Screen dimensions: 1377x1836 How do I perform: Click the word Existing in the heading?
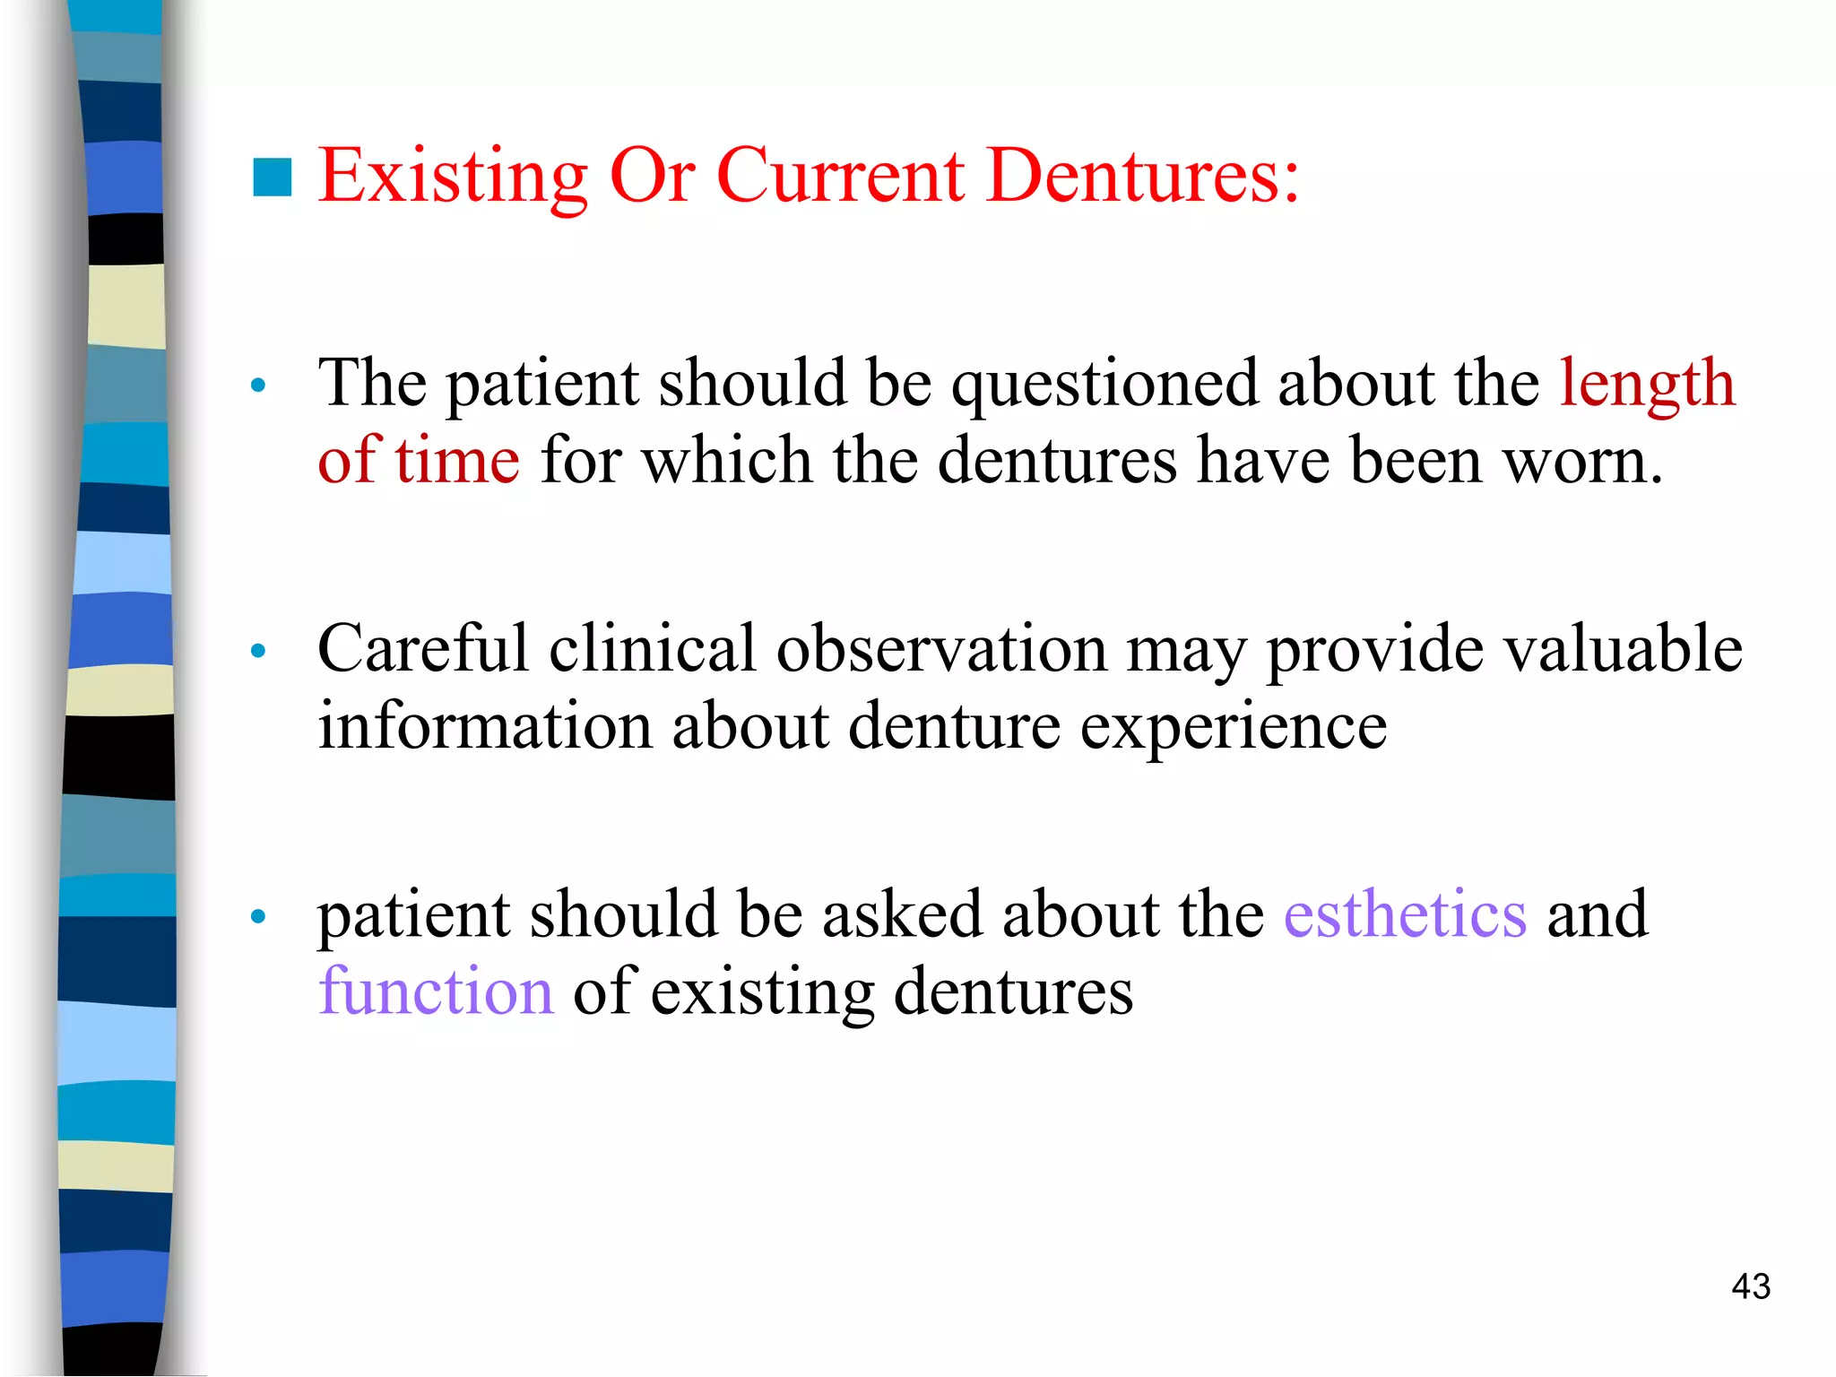[x=453, y=176]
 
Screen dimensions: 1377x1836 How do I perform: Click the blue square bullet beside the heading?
[x=273, y=177]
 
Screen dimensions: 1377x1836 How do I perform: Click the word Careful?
[x=423, y=649]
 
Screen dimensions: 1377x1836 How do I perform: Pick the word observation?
[x=940, y=649]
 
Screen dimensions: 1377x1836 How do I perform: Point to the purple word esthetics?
[x=1405, y=914]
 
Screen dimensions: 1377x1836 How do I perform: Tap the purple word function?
[x=437, y=992]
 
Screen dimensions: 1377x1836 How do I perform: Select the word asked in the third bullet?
[x=902, y=914]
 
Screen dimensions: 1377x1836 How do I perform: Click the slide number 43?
[x=1751, y=1286]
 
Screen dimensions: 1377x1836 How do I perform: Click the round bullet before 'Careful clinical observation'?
[x=259, y=651]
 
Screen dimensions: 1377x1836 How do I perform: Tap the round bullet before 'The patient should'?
[x=259, y=386]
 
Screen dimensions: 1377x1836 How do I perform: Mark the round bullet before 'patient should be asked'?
[x=259, y=916]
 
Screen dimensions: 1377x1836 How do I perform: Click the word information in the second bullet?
[x=485, y=726]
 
